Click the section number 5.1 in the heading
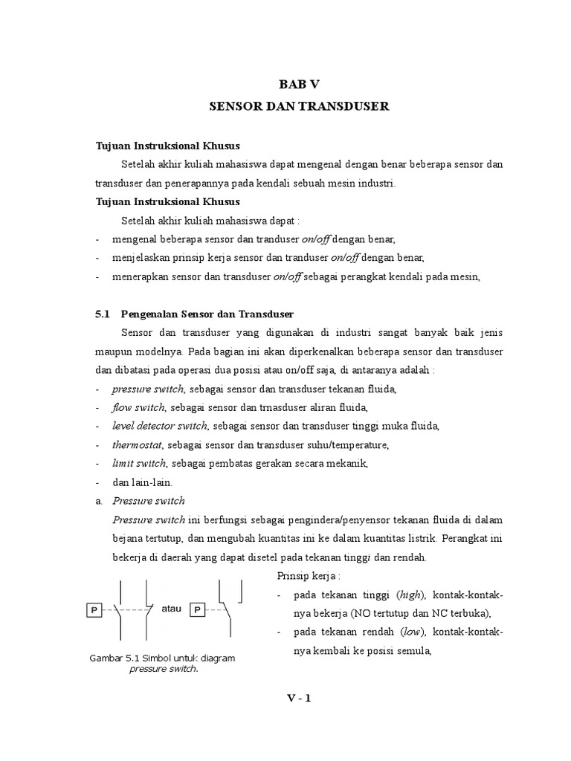pyautogui.click(x=103, y=314)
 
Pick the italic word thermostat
pyautogui.click(x=138, y=444)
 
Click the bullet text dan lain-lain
pyautogui.click(x=142, y=482)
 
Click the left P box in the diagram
pyautogui.click(x=94, y=610)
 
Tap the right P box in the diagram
pyautogui.click(x=198, y=610)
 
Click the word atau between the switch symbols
pyautogui.click(x=171, y=608)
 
